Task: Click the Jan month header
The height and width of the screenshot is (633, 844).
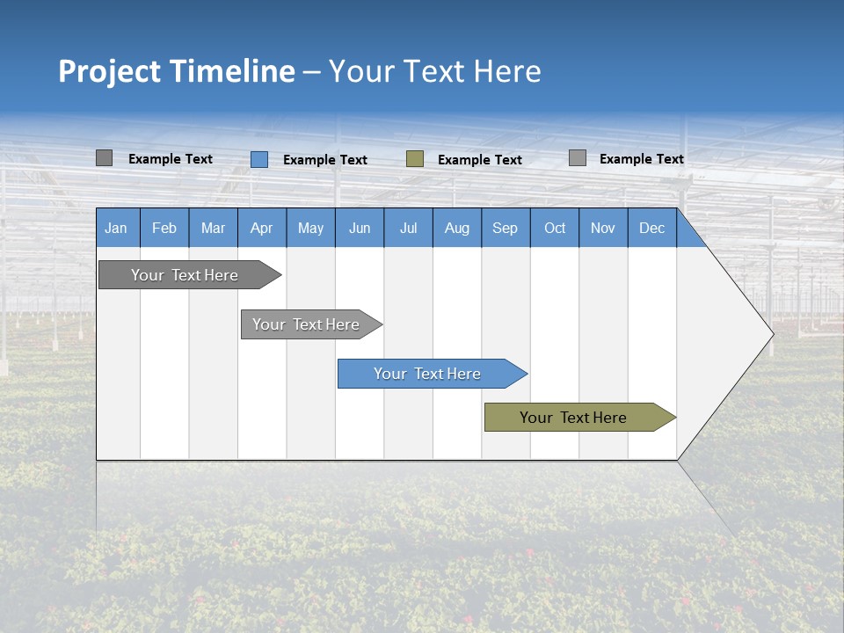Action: click(x=116, y=228)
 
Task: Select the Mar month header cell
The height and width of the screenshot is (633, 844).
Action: click(x=213, y=228)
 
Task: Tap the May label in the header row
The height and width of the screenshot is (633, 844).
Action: click(x=310, y=228)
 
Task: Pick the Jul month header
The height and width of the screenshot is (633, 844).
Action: click(x=408, y=228)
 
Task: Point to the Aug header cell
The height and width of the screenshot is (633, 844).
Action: click(x=456, y=228)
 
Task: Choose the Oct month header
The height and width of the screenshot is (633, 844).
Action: click(x=554, y=228)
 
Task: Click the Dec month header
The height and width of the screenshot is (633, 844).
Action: click(x=651, y=228)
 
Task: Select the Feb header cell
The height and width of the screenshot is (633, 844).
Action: click(x=164, y=228)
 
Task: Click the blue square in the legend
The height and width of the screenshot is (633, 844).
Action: click(x=259, y=159)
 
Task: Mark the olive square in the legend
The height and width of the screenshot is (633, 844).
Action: click(x=415, y=159)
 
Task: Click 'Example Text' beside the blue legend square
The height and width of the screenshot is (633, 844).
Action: click(x=325, y=160)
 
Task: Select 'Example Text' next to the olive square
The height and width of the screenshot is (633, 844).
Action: click(x=480, y=160)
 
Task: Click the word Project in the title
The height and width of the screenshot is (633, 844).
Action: click(x=110, y=71)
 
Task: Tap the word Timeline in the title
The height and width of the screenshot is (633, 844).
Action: click(x=232, y=71)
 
